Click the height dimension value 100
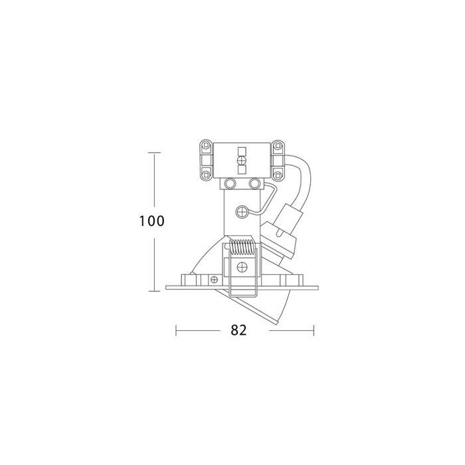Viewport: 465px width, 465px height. coord(151,221)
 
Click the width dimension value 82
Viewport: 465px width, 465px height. coord(238,330)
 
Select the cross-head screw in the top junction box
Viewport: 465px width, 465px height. coord(242,161)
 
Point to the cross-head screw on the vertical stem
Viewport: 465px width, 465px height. coord(242,212)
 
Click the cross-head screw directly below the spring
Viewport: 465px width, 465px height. coord(242,267)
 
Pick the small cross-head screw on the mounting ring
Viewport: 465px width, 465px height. coord(214,280)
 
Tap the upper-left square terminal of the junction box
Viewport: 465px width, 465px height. coord(205,145)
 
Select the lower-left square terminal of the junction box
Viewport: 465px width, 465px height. coord(205,175)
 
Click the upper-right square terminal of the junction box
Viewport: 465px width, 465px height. coord(278,145)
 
